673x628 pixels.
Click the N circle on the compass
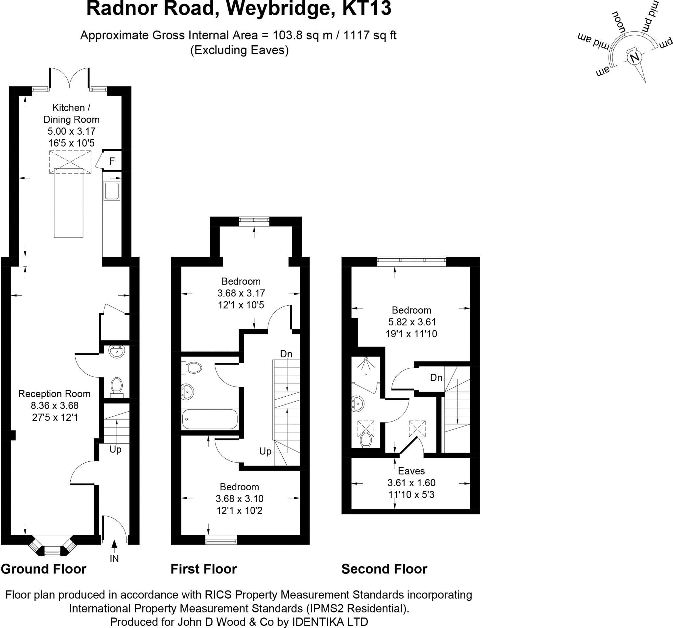click(634, 58)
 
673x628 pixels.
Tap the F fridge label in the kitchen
click(112, 161)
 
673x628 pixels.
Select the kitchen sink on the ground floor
click(112, 191)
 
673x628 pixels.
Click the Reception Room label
click(55, 394)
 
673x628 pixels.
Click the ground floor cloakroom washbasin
click(117, 351)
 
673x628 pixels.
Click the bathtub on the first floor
click(210, 419)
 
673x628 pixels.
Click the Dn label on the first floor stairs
click(286, 354)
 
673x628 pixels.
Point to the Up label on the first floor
click(266, 451)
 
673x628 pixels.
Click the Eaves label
click(411, 471)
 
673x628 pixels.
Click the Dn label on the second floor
click(436, 378)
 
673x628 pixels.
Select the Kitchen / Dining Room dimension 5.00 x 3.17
click(71, 131)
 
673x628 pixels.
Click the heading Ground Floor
click(44, 569)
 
